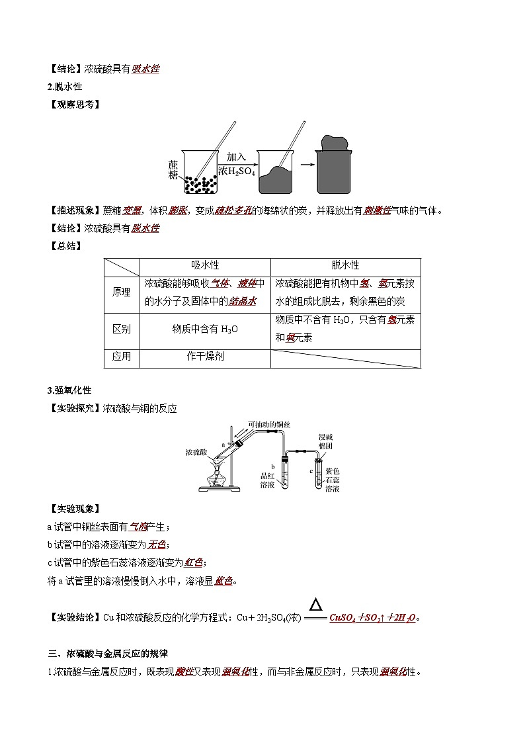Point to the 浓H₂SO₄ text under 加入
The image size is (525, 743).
point(236,171)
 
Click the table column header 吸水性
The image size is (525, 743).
point(205,265)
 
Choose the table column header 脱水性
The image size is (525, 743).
point(345,265)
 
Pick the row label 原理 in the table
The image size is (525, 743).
point(121,292)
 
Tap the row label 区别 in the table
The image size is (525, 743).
point(121,329)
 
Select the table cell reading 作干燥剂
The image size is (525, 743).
point(205,356)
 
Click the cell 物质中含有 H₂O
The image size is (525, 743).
point(205,329)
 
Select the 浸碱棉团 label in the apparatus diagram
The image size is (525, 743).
point(327,441)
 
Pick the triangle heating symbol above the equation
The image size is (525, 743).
point(317,604)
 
